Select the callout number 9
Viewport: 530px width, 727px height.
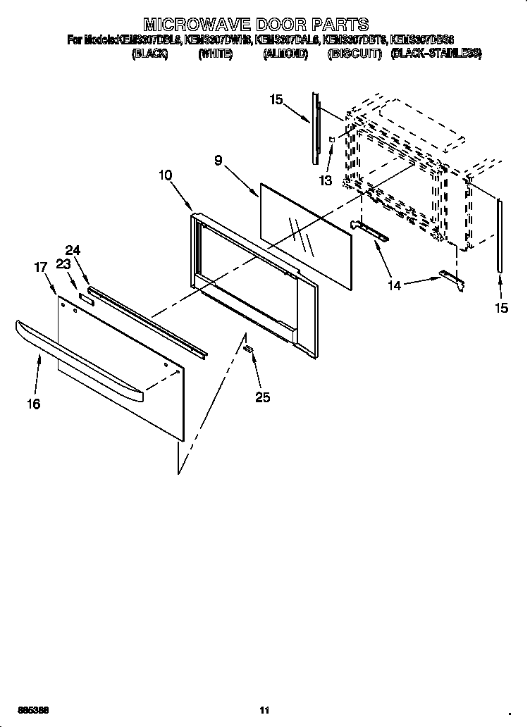click(218, 161)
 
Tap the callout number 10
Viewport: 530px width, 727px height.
click(166, 175)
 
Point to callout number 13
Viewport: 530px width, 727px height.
click(325, 180)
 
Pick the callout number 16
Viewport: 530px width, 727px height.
click(34, 404)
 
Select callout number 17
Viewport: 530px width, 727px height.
click(41, 267)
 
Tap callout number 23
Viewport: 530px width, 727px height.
click(63, 265)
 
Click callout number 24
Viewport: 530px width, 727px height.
click(73, 250)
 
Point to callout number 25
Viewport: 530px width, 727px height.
click(262, 398)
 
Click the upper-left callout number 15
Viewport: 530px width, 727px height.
click(276, 99)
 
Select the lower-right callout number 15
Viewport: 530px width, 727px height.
click(500, 308)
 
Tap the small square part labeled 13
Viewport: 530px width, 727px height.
click(331, 141)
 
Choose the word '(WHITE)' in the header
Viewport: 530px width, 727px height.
click(215, 54)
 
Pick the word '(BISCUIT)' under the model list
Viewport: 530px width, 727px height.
click(355, 54)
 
